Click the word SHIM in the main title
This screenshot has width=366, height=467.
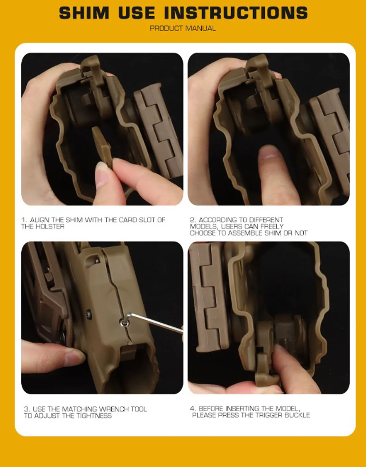[x=84, y=13]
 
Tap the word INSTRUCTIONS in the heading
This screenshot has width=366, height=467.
[x=236, y=13]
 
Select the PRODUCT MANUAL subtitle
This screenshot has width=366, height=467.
[x=183, y=28]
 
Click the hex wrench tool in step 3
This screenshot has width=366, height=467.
[x=154, y=323]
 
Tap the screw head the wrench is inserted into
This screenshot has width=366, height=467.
[x=124, y=322]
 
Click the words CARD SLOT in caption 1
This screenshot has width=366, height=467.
[x=137, y=220]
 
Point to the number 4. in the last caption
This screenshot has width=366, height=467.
[x=193, y=408]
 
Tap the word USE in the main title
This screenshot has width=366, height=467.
[x=137, y=13]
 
